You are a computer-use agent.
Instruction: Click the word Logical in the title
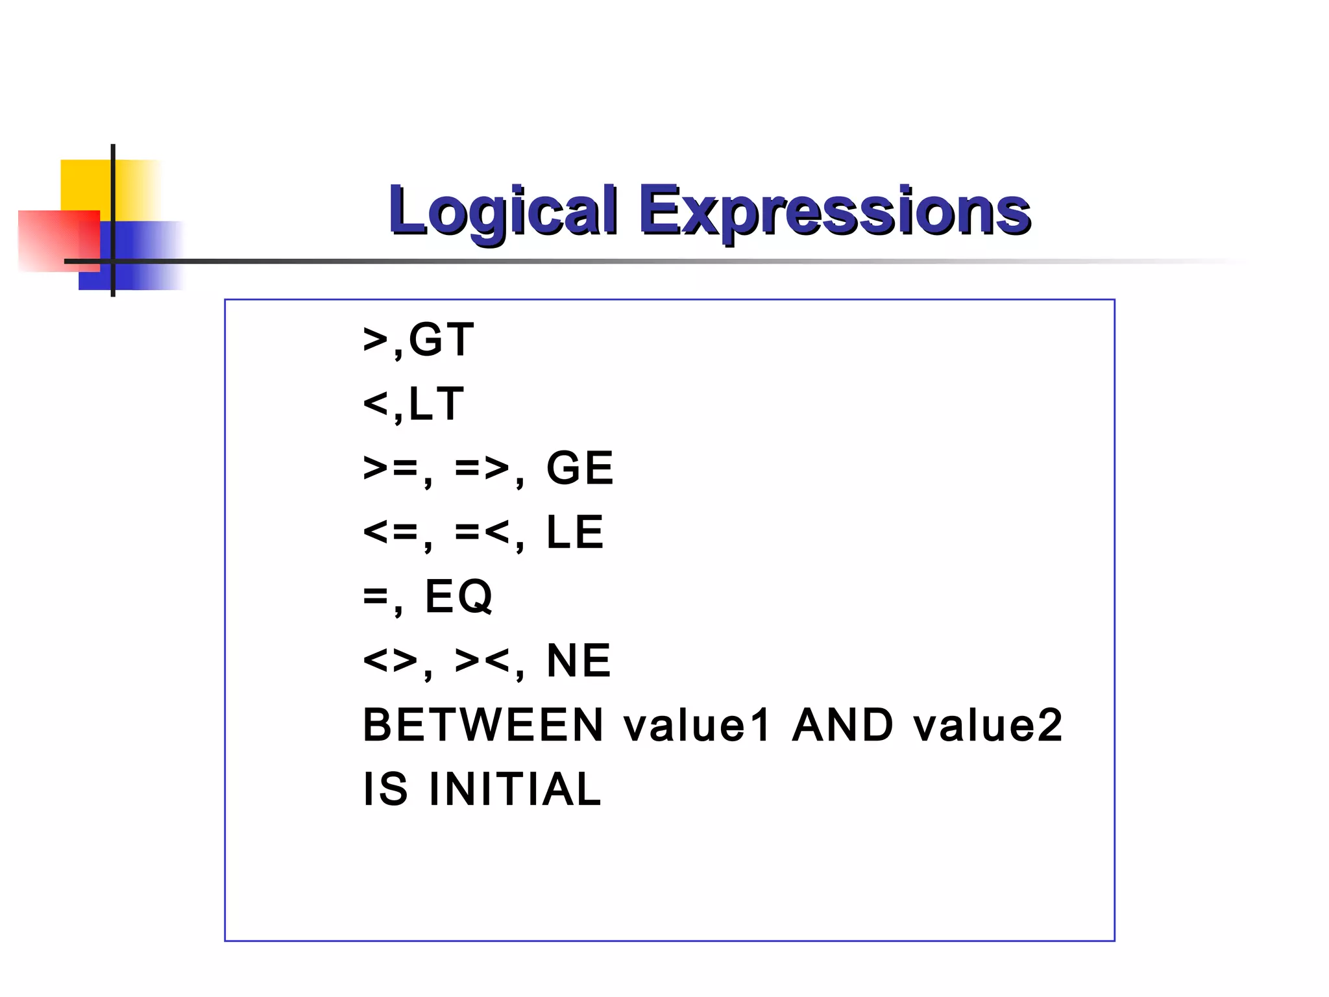[502, 212]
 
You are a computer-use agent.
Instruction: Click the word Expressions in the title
[835, 212]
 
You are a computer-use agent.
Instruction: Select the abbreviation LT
[436, 404]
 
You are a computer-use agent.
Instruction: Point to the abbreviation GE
[579, 468]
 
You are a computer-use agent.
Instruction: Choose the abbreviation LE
[575, 532]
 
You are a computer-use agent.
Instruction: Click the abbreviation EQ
[458, 597]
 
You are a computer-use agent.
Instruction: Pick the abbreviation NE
[579, 661]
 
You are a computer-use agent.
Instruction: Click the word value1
[697, 725]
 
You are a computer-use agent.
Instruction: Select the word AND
[842, 725]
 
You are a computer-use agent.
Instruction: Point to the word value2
[988, 725]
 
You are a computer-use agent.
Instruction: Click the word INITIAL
[515, 789]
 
